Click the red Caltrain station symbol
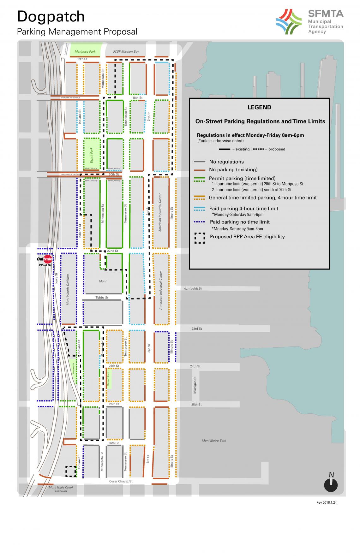click(45, 259)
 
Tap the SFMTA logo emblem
click(289, 22)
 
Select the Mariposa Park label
click(85, 51)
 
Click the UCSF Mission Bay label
click(126, 51)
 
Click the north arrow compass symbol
click(331, 485)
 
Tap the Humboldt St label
click(192, 288)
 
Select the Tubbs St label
click(102, 298)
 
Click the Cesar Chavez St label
click(121, 481)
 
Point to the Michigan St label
click(195, 385)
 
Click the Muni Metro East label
click(214, 441)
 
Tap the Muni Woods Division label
click(68, 289)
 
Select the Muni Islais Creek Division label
click(61, 489)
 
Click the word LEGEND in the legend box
click(259, 107)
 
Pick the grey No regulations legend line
click(200, 162)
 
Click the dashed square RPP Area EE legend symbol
click(200, 238)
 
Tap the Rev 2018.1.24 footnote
click(326, 503)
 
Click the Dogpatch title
click(51, 17)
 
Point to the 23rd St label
click(196, 328)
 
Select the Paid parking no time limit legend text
click(239, 222)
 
